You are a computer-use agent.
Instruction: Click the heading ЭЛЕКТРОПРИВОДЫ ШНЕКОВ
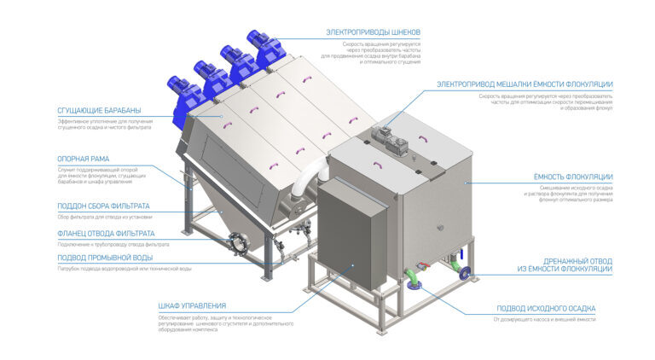(x=373, y=32)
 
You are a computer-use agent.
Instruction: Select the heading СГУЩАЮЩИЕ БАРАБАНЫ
(x=99, y=111)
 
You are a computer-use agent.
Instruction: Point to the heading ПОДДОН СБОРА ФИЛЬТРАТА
(x=103, y=206)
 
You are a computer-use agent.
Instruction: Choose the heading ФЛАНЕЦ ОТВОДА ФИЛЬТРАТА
(x=106, y=233)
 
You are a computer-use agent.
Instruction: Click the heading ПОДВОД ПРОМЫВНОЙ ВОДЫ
(x=105, y=257)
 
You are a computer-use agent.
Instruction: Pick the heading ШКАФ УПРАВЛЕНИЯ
(x=192, y=305)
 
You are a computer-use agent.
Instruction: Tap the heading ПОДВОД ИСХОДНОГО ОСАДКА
(x=546, y=308)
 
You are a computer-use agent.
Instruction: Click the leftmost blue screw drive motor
(x=181, y=90)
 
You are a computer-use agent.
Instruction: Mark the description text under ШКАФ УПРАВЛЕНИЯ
(x=225, y=322)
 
